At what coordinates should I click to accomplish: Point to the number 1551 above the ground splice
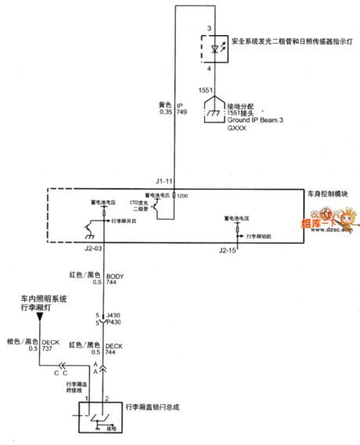pyautogui.click(x=205, y=91)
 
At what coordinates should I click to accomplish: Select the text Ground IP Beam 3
pyautogui.click(x=251, y=123)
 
